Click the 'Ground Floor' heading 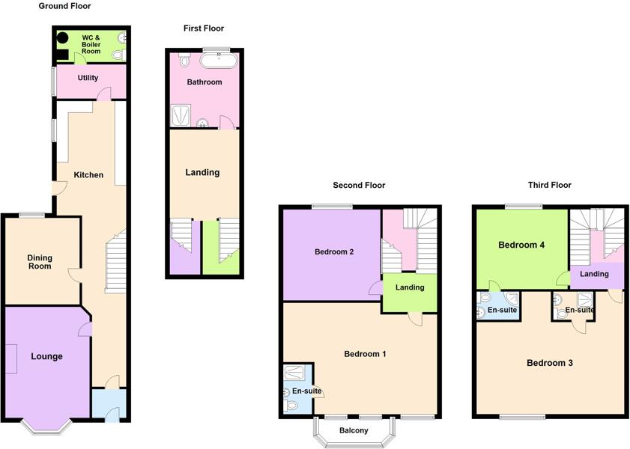pyautogui.click(x=64, y=6)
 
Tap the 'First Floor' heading pyautogui.click(x=204, y=28)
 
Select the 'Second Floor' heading pyautogui.click(x=359, y=185)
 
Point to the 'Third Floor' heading pyautogui.click(x=549, y=185)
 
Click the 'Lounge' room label pyautogui.click(x=46, y=356)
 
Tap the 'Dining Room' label pyautogui.click(x=40, y=262)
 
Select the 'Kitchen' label pyautogui.click(x=88, y=175)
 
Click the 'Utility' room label pyautogui.click(x=88, y=78)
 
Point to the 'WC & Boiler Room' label pyautogui.click(x=91, y=44)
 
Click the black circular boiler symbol pyautogui.click(x=63, y=36)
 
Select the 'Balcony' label pyautogui.click(x=354, y=430)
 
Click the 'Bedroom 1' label pyautogui.click(x=365, y=353)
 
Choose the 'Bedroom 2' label pyautogui.click(x=334, y=251)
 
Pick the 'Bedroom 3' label pyautogui.click(x=549, y=363)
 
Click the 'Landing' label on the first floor pyautogui.click(x=202, y=172)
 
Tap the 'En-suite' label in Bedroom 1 pyautogui.click(x=306, y=391)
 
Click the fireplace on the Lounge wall pyautogui.click(x=12, y=358)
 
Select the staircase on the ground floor pyautogui.click(x=115, y=262)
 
